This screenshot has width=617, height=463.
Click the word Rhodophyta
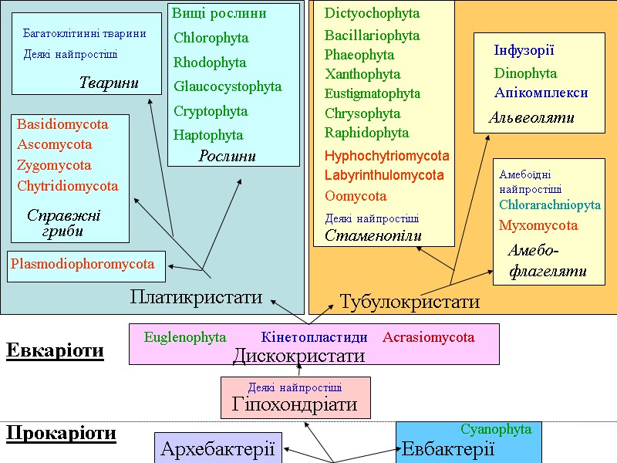(x=210, y=63)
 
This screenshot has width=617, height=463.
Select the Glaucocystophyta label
(x=228, y=86)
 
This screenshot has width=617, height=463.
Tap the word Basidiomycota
(x=62, y=124)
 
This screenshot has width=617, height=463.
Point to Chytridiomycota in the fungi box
(x=68, y=186)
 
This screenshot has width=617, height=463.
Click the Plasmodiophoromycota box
(x=86, y=264)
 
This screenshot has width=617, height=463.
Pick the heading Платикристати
(x=196, y=296)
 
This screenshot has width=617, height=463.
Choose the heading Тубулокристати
(x=410, y=302)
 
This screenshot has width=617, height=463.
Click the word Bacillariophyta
(x=372, y=35)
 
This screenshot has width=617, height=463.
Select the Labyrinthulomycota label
(x=384, y=175)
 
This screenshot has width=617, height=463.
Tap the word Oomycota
(x=356, y=196)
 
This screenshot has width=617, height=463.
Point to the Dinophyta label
(x=525, y=73)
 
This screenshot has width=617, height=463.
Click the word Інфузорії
(x=524, y=51)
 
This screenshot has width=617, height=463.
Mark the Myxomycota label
(x=538, y=226)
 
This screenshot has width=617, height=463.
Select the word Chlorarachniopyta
(x=549, y=205)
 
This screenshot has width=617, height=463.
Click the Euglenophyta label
(x=185, y=337)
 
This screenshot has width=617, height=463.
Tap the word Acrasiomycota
(x=428, y=337)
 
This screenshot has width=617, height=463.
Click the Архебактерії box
(x=217, y=448)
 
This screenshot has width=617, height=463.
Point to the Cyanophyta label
(x=496, y=429)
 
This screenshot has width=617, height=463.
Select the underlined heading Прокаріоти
(x=61, y=434)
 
